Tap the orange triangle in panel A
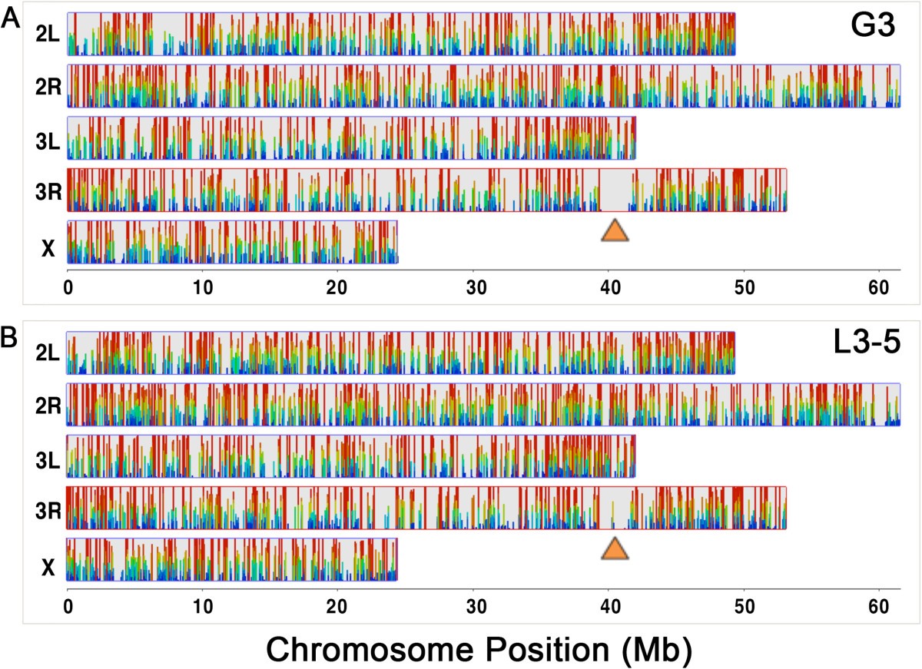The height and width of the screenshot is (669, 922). [614, 231]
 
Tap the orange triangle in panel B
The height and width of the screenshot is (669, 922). [614, 548]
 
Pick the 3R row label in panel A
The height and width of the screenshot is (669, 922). [48, 191]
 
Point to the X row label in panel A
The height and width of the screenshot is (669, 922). [48, 247]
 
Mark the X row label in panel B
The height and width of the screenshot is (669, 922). [48, 567]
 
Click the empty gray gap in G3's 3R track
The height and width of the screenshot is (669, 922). [615, 190]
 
